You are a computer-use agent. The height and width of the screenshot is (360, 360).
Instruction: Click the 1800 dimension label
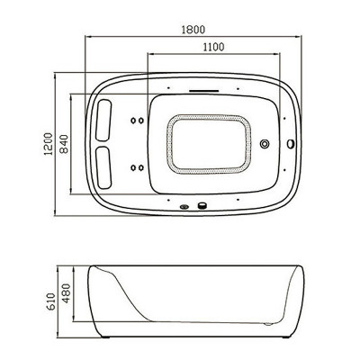[x=193, y=30]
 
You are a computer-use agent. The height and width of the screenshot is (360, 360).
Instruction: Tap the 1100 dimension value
[x=213, y=47]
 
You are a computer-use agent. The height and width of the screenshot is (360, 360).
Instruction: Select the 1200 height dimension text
[x=49, y=144]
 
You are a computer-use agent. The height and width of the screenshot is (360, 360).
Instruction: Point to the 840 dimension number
[x=64, y=144]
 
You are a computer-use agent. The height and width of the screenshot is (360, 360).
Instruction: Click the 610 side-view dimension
[x=51, y=302]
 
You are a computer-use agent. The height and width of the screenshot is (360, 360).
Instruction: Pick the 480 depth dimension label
[x=66, y=293]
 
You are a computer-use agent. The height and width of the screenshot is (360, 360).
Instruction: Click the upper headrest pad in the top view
[x=103, y=120]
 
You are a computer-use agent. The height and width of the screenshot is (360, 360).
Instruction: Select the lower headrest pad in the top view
[x=103, y=167]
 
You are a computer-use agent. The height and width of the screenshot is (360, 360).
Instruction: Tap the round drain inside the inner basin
[x=265, y=144]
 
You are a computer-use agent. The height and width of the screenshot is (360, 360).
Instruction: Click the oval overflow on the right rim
[x=291, y=144]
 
